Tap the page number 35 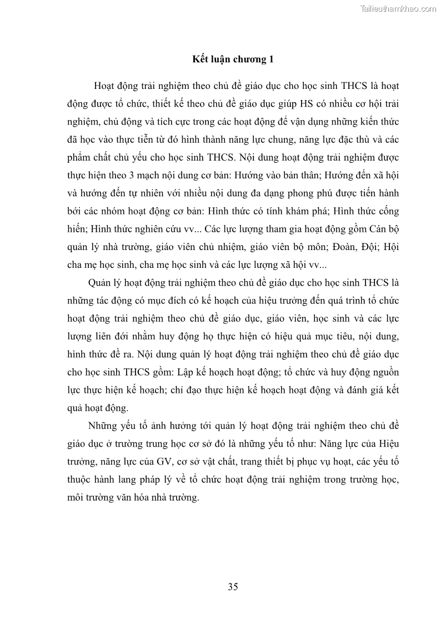point(233,587)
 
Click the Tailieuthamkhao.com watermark point(398,8)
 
